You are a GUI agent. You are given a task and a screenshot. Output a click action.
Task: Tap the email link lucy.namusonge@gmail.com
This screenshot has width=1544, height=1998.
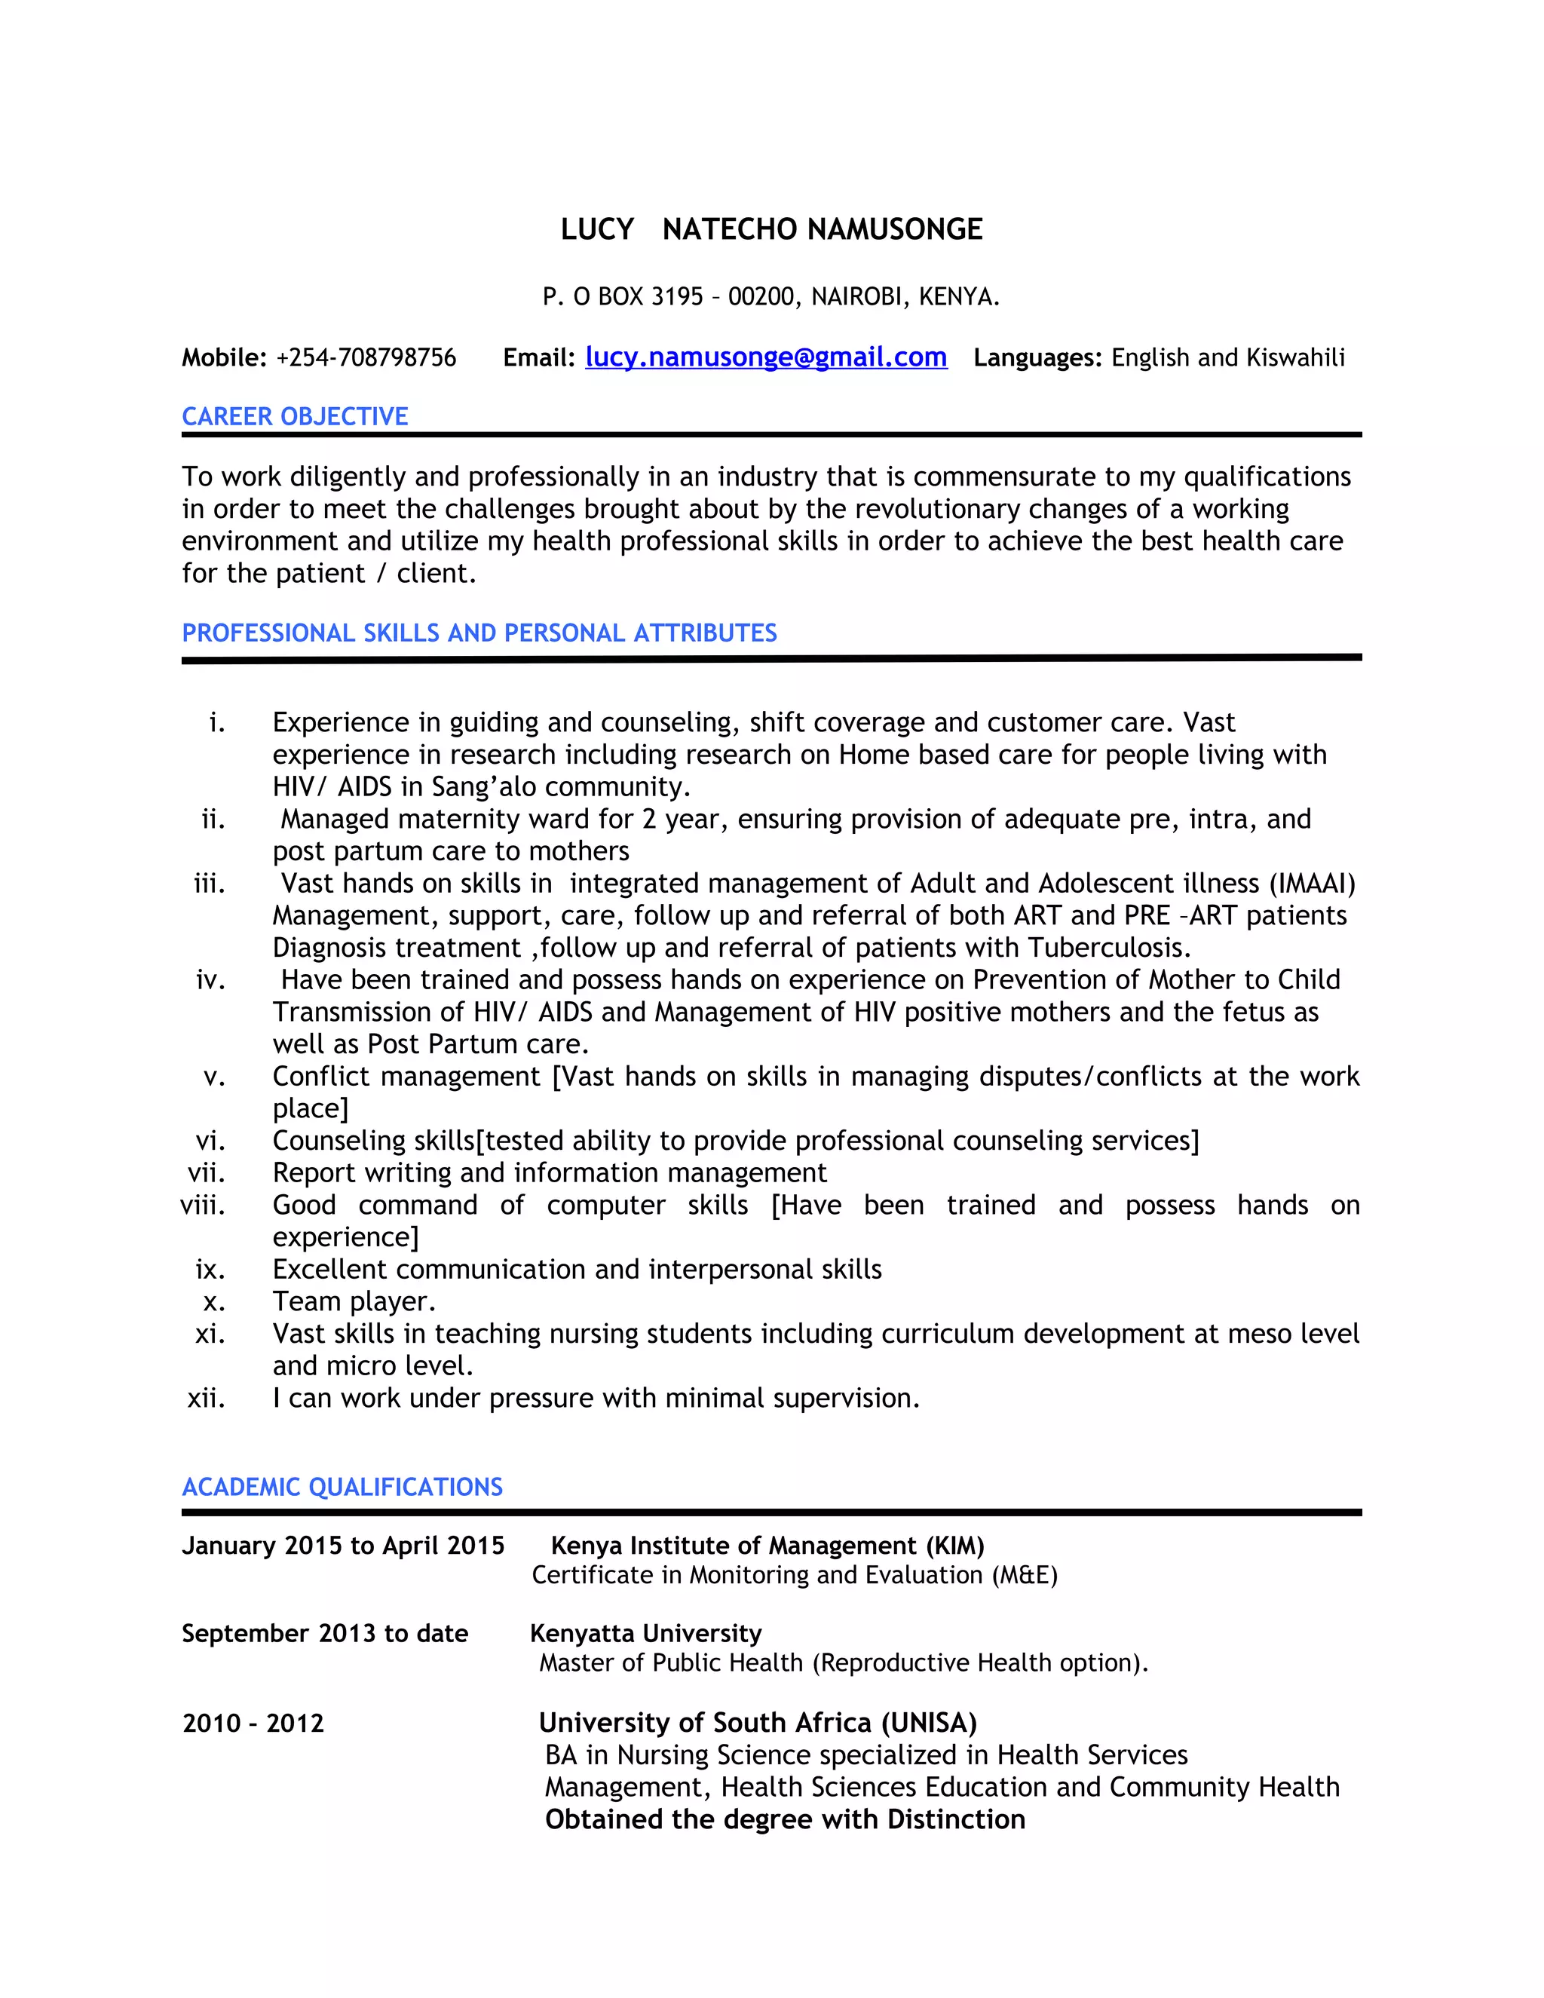coord(766,357)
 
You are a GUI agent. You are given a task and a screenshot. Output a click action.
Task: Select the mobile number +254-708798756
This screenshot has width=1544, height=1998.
coord(366,357)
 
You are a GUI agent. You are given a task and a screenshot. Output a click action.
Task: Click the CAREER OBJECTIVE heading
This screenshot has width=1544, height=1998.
coord(295,416)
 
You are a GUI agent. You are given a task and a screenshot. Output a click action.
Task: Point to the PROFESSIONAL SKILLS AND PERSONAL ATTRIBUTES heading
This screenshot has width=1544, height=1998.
coord(479,633)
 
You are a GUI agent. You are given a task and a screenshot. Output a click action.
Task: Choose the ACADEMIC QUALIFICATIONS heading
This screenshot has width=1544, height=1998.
coord(342,1487)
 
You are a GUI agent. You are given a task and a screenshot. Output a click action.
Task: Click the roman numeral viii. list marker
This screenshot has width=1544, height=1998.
coord(203,1205)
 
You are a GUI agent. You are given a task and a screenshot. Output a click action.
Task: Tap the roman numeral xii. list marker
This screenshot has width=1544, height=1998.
coord(207,1398)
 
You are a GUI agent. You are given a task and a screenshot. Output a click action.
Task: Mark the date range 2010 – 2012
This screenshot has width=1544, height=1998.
coord(253,1724)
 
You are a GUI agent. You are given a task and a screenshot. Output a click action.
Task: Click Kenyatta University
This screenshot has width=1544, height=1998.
coord(646,1633)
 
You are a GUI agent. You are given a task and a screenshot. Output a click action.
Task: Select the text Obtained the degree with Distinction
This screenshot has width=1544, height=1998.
coord(785,1819)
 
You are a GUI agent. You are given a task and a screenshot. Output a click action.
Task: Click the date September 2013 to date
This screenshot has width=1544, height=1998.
coord(325,1633)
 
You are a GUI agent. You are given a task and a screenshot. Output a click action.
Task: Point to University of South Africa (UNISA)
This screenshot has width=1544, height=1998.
coord(758,1723)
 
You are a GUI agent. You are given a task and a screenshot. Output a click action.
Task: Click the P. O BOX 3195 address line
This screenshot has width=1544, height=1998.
coord(771,296)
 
